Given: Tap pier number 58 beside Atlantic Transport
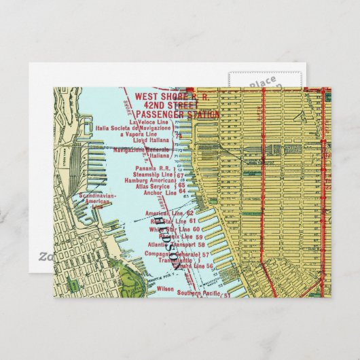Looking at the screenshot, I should [x=202, y=244].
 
